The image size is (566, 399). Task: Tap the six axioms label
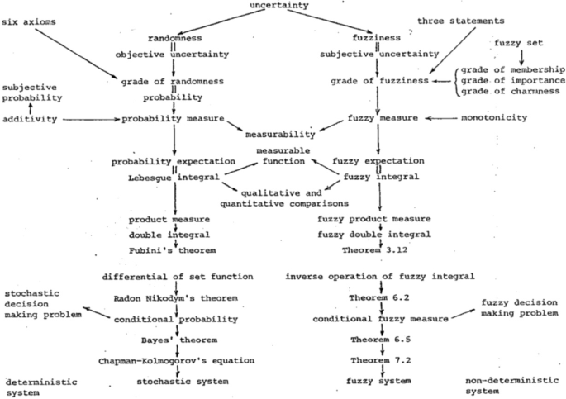coord(31,21)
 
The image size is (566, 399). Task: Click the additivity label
coord(31,120)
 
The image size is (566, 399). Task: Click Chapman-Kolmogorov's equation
coord(174,360)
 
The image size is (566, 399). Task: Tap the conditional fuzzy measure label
coord(378,318)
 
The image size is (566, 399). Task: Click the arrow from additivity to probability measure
coord(91,120)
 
